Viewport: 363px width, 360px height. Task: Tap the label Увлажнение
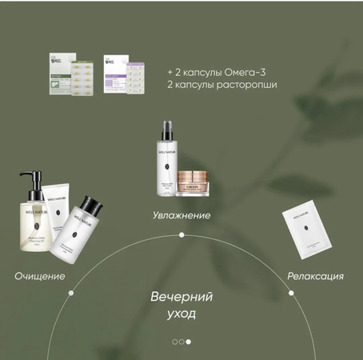(x=181, y=215)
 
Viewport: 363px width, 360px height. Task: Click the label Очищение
(x=40, y=276)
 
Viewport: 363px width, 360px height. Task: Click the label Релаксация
(x=316, y=276)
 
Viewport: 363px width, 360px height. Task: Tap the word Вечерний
(x=181, y=297)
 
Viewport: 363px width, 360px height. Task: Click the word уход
(x=181, y=314)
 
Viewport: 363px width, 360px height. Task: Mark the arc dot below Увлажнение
(x=181, y=234)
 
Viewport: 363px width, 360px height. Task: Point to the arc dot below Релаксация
(x=293, y=293)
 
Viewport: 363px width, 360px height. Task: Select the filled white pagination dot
(x=189, y=342)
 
